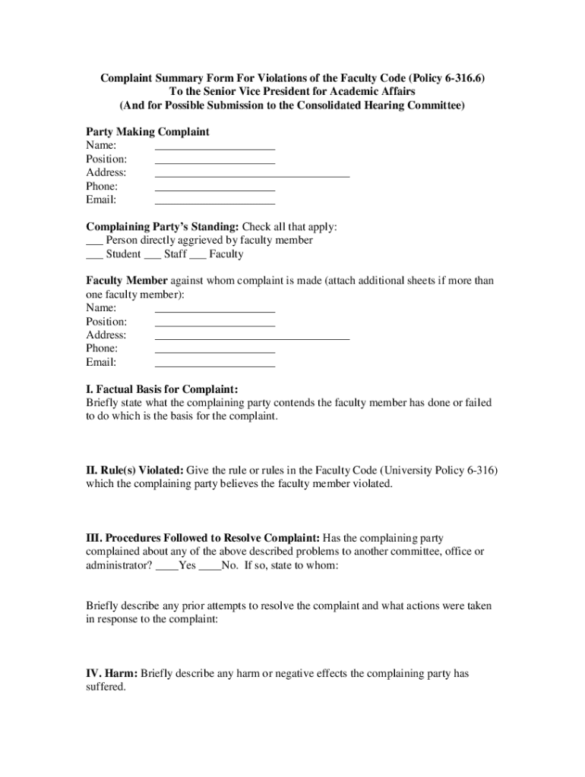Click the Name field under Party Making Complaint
pyautogui.click(x=214, y=145)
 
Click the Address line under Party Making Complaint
pyautogui.click(x=251, y=172)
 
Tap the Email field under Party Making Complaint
pyautogui.click(x=214, y=200)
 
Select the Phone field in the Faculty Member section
pyautogui.click(x=214, y=348)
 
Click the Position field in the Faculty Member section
pyautogui.click(x=214, y=322)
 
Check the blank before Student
pyautogui.click(x=94, y=255)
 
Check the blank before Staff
pyautogui.click(x=152, y=255)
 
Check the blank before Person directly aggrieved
pyautogui.click(x=94, y=241)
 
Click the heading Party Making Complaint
pyautogui.click(x=147, y=132)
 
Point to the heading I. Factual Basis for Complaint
pyautogui.click(x=162, y=389)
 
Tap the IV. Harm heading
pyautogui.click(x=112, y=673)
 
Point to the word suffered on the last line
pyautogui.click(x=106, y=687)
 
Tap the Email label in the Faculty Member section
pyautogui.click(x=101, y=362)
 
